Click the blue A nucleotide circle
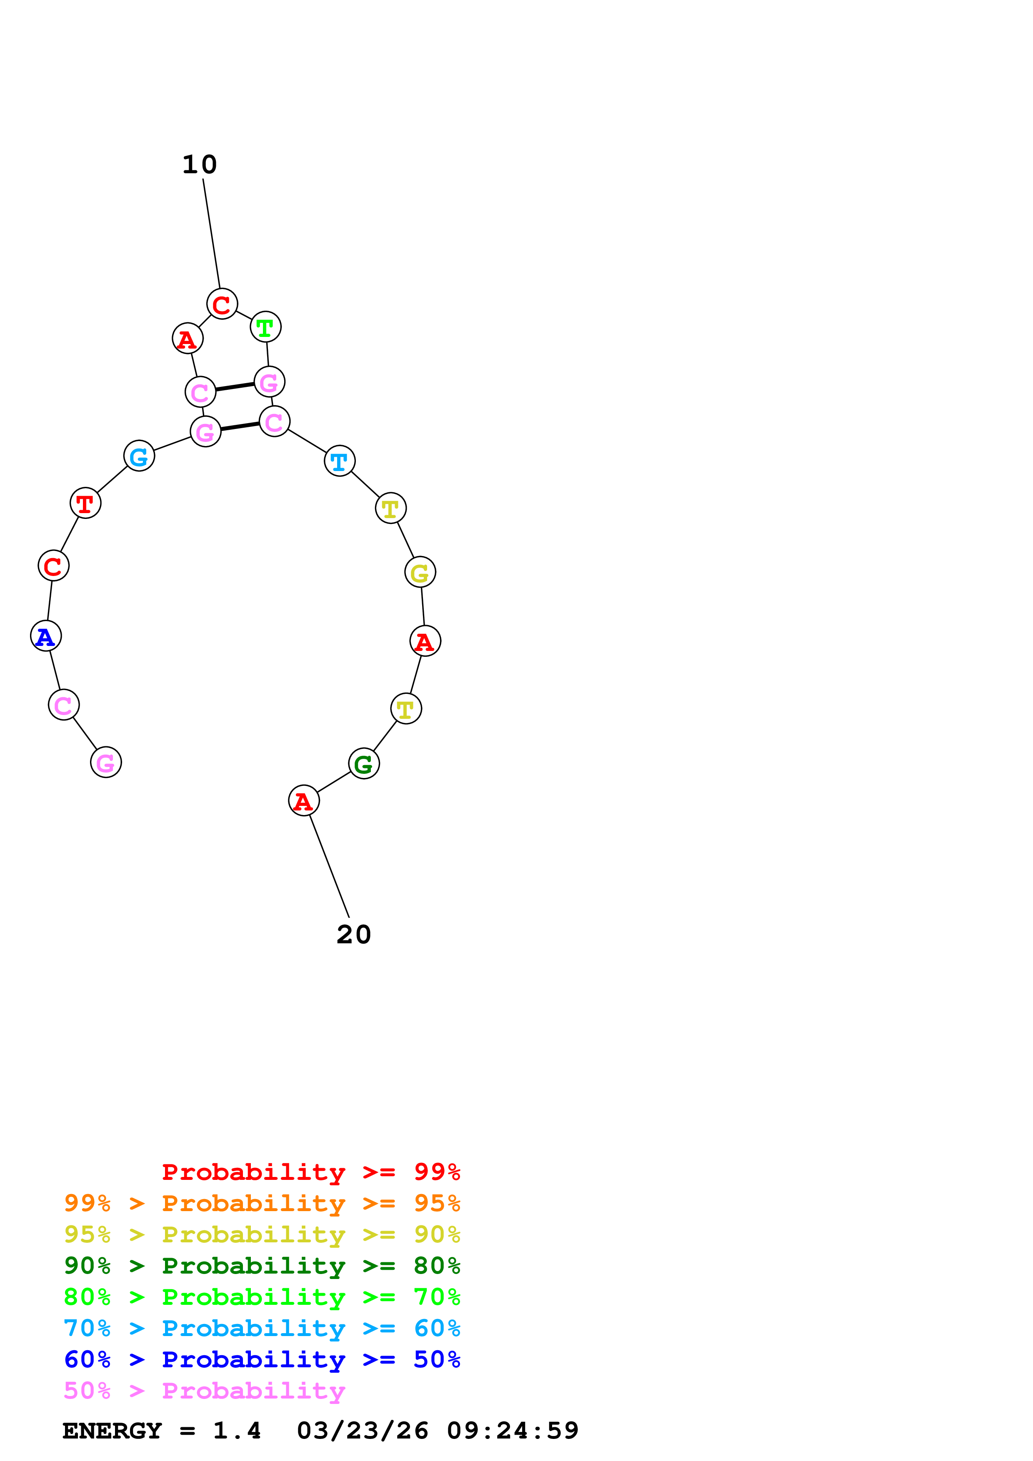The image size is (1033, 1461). (x=46, y=636)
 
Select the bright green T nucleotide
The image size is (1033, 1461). (x=265, y=327)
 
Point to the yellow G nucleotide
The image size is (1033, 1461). (x=420, y=572)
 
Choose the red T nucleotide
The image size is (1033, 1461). (x=85, y=504)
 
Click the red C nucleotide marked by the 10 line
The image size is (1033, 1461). (x=222, y=304)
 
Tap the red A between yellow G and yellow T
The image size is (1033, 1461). (x=425, y=641)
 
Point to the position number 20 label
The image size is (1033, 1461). (x=354, y=935)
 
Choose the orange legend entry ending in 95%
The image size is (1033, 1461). (x=262, y=1203)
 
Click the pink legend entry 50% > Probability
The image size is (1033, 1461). (x=204, y=1390)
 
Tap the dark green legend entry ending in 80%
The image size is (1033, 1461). (x=262, y=1266)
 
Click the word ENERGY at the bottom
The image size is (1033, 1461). (x=112, y=1431)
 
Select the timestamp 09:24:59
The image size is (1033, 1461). (x=513, y=1431)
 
